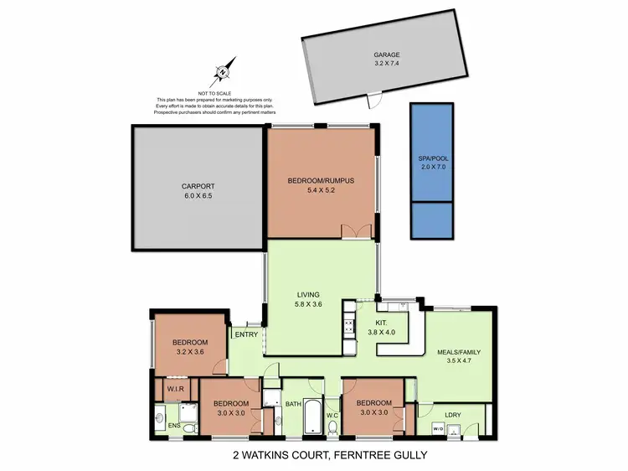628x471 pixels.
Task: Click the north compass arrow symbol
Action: click(224, 71)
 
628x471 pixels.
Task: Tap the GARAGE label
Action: click(387, 55)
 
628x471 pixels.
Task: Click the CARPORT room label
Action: click(198, 187)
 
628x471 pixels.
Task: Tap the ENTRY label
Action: click(246, 334)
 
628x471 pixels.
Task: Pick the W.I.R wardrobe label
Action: click(175, 389)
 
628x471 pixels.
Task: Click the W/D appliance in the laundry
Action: click(436, 430)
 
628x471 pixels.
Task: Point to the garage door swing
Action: click(374, 101)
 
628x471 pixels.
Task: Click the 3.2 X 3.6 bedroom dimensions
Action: click(189, 353)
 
